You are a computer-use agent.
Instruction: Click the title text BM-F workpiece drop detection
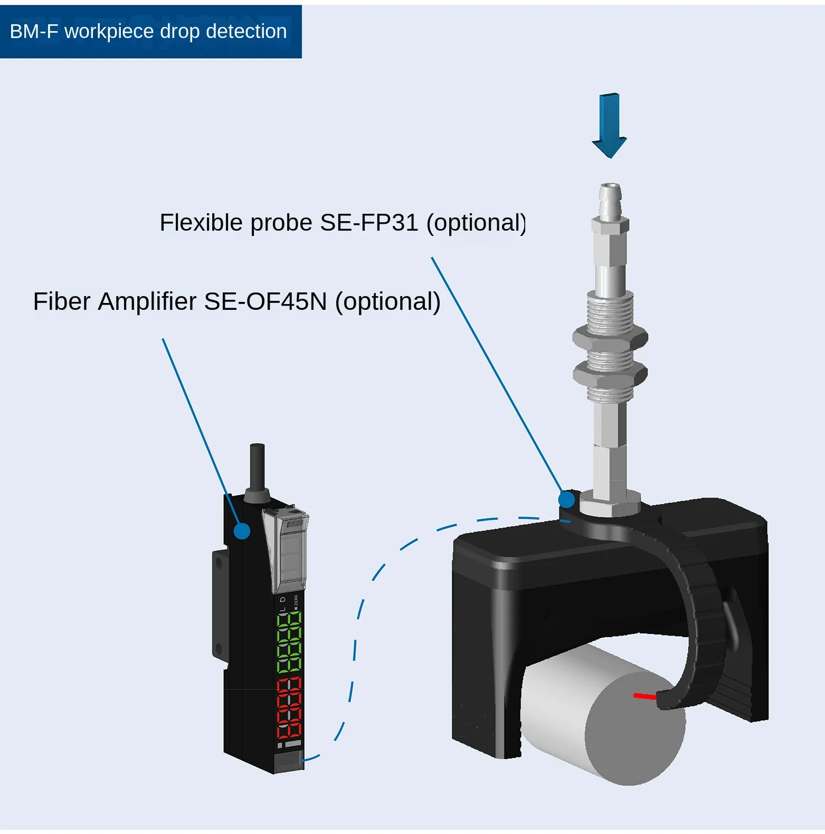coord(148,32)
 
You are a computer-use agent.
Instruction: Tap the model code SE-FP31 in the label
coord(369,223)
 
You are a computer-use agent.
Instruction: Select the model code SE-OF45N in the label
coord(265,302)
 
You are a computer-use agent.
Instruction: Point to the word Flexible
coord(202,223)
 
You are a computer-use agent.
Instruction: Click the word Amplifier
coord(147,302)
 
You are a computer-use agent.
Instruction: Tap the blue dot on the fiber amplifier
coord(242,531)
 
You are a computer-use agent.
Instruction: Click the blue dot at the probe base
coord(566,499)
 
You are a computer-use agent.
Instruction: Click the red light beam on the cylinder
coord(644,696)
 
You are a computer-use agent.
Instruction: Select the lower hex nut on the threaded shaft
coord(610,374)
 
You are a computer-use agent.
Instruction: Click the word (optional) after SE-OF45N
coord(388,302)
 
